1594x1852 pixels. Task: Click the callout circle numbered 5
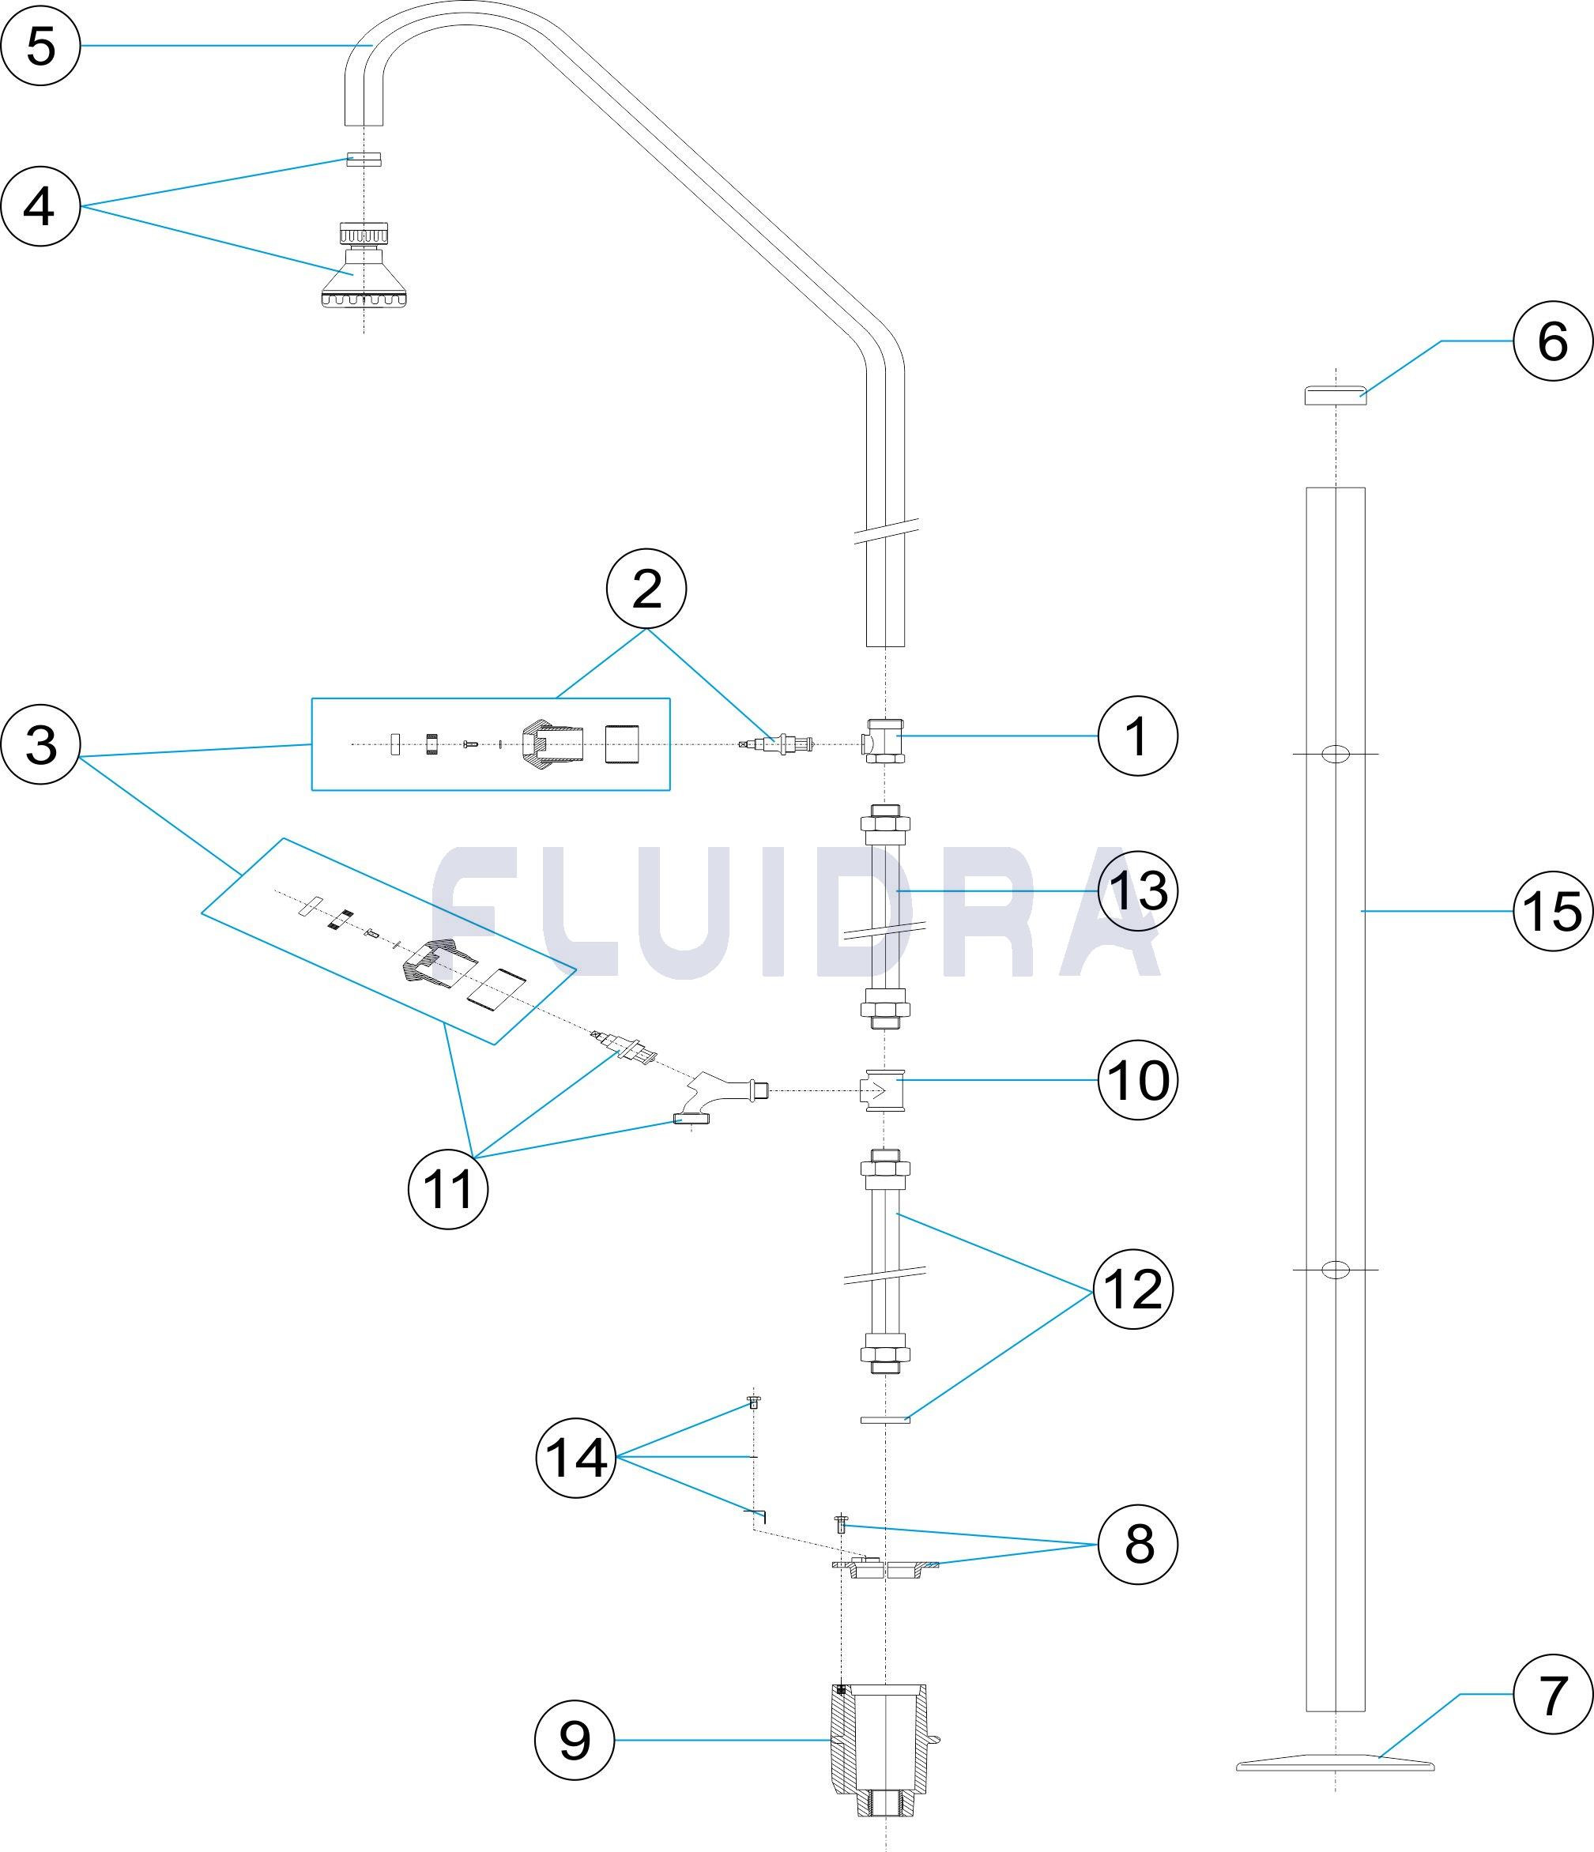[x=40, y=45]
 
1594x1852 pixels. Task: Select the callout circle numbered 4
[x=40, y=206]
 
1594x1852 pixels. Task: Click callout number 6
[x=1553, y=341]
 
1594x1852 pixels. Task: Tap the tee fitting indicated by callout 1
[x=884, y=740]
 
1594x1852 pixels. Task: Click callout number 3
[x=40, y=743]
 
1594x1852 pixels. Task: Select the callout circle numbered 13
[x=1137, y=891]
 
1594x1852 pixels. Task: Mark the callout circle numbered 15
[x=1553, y=911]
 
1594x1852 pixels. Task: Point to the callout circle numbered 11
[x=447, y=1189]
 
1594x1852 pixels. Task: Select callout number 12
[x=1132, y=1289]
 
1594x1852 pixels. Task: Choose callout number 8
[x=1137, y=1545]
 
